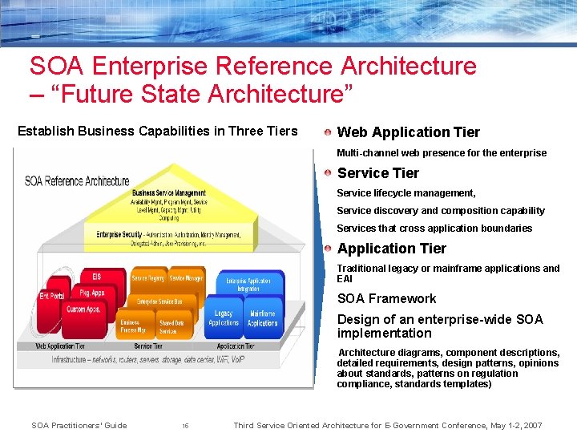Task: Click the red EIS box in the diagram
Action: click(x=97, y=277)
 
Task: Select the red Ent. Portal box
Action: click(x=52, y=297)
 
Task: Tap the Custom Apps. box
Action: click(x=83, y=310)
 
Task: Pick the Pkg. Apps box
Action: click(x=92, y=293)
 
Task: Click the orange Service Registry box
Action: click(x=148, y=278)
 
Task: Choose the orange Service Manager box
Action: click(x=186, y=278)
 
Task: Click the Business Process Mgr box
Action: click(x=133, y=326)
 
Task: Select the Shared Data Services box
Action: click(x=171, y=326)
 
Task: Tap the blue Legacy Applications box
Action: click(x=224, y=318)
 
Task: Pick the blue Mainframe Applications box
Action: click(x=262, y=318)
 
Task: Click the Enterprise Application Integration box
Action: click(x=248, y=284)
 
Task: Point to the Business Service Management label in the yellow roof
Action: click(x=168, y=193)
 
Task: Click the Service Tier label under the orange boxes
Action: click(x=148, y=346)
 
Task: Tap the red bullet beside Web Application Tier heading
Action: click(x=329, y=132)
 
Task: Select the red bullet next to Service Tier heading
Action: click(x=329, y=172)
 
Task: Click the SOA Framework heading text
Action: click(x=386, y=298)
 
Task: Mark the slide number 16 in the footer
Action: click(x=185, y=426)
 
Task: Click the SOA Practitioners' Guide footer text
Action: click(x=79, y=425)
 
